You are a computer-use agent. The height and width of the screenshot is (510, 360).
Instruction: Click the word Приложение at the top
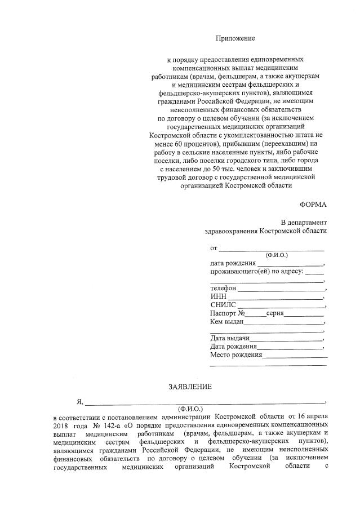(235, 38)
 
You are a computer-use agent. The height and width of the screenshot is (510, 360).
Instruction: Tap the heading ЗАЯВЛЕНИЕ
(190, 387)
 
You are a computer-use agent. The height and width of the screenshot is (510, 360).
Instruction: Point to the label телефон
(223, 288)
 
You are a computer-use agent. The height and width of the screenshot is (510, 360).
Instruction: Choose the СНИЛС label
(223, 305)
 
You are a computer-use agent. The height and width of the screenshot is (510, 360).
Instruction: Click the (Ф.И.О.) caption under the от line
(269, 255)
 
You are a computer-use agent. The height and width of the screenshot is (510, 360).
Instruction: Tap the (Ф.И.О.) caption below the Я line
(190, 407)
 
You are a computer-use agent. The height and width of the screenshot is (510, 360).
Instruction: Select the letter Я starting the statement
(80, 401)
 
